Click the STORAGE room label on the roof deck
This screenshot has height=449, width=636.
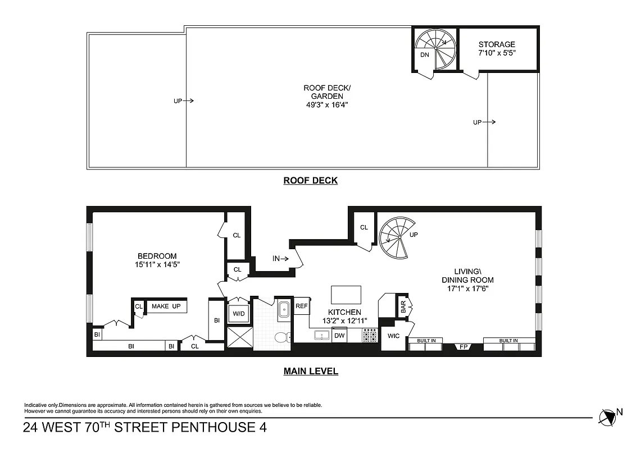(496, 45)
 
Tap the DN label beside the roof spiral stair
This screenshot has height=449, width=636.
(425, 55)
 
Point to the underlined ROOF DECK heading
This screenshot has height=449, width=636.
(310, 181)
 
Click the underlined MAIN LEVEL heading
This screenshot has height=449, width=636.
(310, 371)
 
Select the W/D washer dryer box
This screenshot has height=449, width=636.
(239, 313)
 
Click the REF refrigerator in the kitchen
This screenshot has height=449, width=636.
(301, 306)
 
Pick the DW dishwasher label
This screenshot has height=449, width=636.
(339, 336)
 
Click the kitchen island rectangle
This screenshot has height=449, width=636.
(346, 294)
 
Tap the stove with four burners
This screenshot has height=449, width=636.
(369, 336)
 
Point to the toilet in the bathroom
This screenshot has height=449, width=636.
(280, 337)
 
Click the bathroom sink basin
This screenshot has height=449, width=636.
(283, 308)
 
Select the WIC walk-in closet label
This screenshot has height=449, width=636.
(393, 336)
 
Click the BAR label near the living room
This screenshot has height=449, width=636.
(403, 307)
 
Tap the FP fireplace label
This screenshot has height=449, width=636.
(463, 347)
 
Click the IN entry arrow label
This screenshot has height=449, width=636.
(280, 259)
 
